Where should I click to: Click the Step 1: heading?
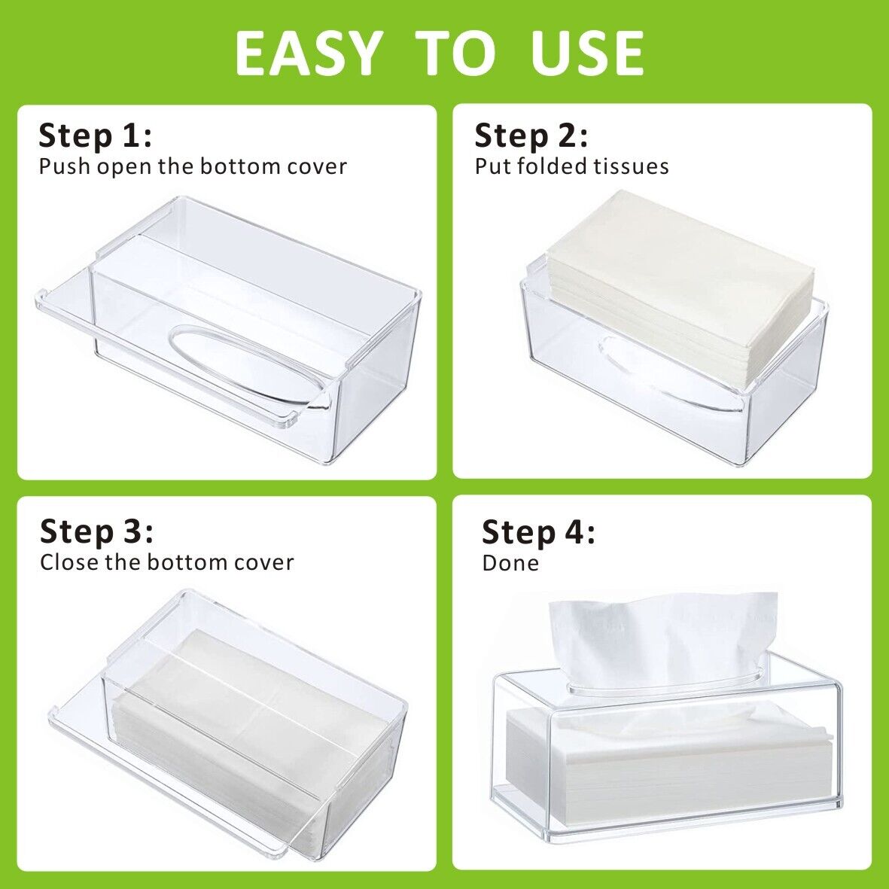click(x=96, y=136)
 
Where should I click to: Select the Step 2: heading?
click(x=531, y=136)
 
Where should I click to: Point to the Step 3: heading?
click(x=96, y=531)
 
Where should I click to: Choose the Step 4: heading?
click(x=539, y=532)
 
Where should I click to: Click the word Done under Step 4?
click(x=510, y=563)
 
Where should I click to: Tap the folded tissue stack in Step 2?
click(x=680, y=289)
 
